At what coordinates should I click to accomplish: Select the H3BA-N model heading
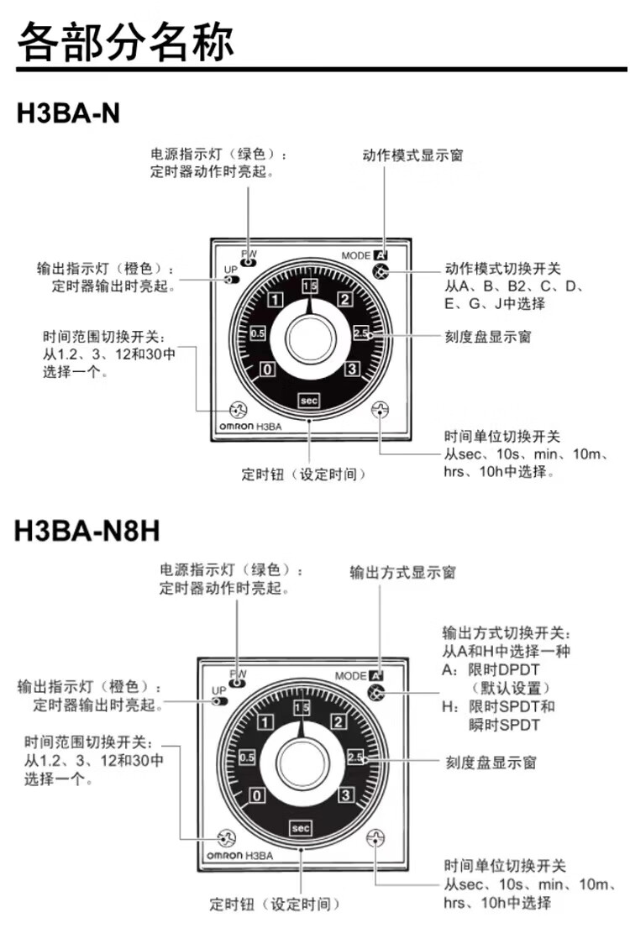(x=68, y=113)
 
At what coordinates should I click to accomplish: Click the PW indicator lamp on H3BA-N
(x=249, y=261)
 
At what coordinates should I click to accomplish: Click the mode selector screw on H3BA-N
(x=381, y=272)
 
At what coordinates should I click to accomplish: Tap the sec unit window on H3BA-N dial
(x=310, y=400)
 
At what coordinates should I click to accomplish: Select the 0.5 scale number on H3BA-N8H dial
(x=246, y=758)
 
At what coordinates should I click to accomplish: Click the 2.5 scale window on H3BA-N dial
(x=361, y=333)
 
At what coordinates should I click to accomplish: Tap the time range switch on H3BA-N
(x=239, y=410)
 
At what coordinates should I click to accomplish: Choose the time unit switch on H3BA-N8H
(x=375, y=838)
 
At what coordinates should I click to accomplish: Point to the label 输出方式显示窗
(x=402, y=573)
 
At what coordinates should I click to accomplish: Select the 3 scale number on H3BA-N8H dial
(x=344, y=795)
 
